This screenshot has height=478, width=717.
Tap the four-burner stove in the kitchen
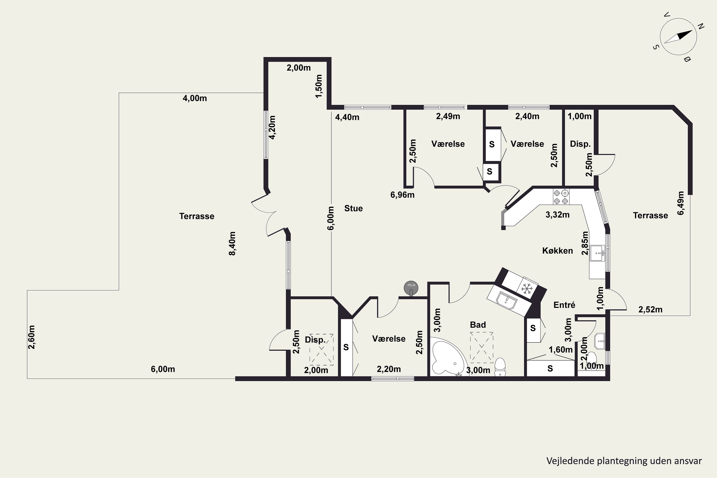pyautogui.click(x=561, y=197)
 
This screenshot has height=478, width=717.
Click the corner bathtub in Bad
pyautogui.click(x=447, y=358)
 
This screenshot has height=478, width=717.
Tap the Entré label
pyautogui.click(x=564, y=305)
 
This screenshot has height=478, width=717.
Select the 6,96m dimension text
pyautogui.click(x=402, y=195)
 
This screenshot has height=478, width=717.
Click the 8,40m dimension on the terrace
pyautogui.click(x=232, y=244)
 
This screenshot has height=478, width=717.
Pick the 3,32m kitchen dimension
pyautogui.click(x=558, y=215)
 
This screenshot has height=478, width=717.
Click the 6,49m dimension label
pyautogui.click(x=681, y=203)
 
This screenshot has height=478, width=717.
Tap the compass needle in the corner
pyautogui.click(x=678, y=37)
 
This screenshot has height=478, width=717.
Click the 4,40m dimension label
pyautogui.click(x=347, y=117)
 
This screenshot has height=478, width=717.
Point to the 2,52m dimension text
pyautogui.click(x=651, y=310)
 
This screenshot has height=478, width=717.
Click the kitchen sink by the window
pyautogui.click(x=597, y=253)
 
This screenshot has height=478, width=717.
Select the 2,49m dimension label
pyautogui.click(x=448, y=116)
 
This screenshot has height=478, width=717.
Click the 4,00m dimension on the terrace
pyautogui.click(x=195, y=98)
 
